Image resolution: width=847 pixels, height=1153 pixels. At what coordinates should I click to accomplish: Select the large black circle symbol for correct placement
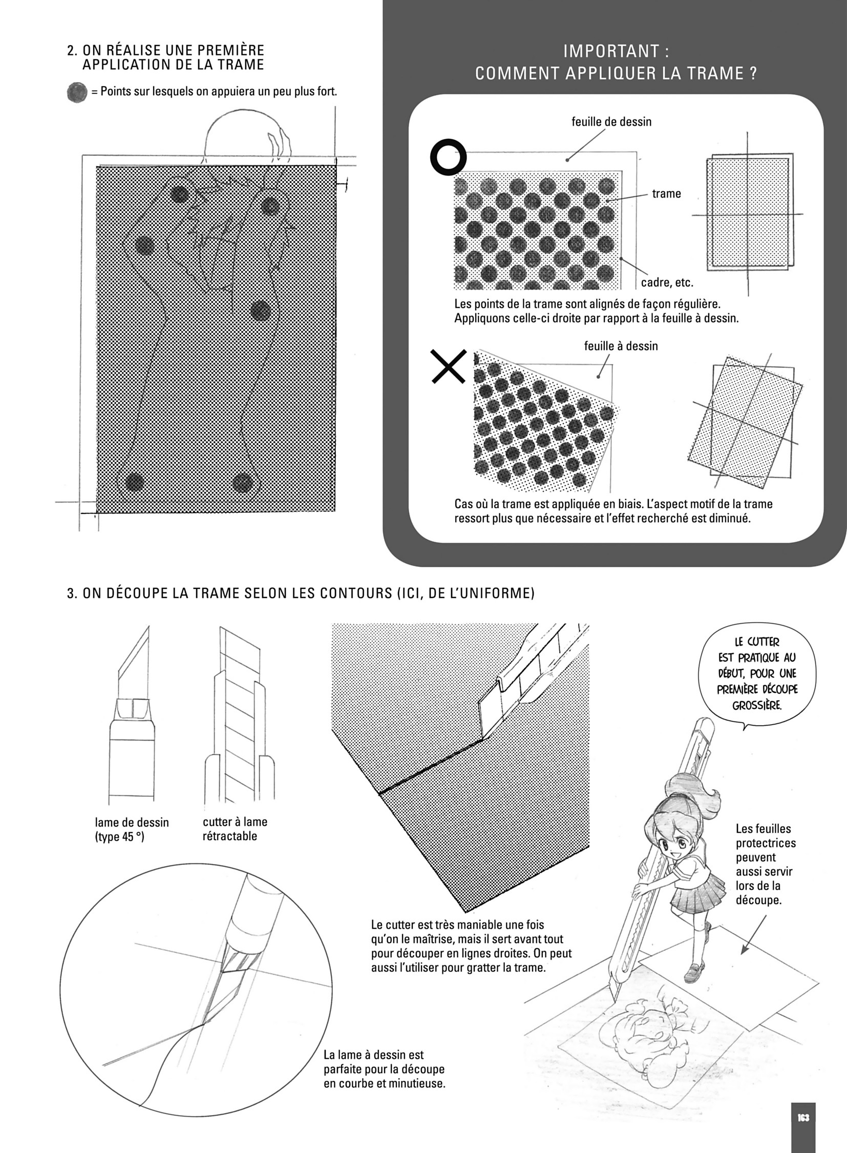click(x=448, y=157)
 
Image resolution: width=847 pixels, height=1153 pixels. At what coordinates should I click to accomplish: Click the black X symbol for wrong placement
click(x=449, y=366)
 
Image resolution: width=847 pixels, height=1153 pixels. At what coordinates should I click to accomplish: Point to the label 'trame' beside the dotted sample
click(x=666, y=194)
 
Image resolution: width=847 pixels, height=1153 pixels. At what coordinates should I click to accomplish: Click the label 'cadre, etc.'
click(x=667, y=282)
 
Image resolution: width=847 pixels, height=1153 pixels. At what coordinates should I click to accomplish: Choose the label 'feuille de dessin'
click(x=611, y=121)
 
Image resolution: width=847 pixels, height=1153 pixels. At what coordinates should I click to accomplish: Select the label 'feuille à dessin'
click(x=620, y=346)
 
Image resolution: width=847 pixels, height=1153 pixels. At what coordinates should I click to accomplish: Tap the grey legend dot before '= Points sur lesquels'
click(x=77, y=92)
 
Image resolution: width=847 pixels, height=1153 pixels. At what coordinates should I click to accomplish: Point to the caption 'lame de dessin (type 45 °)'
click(x=132, y=830)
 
